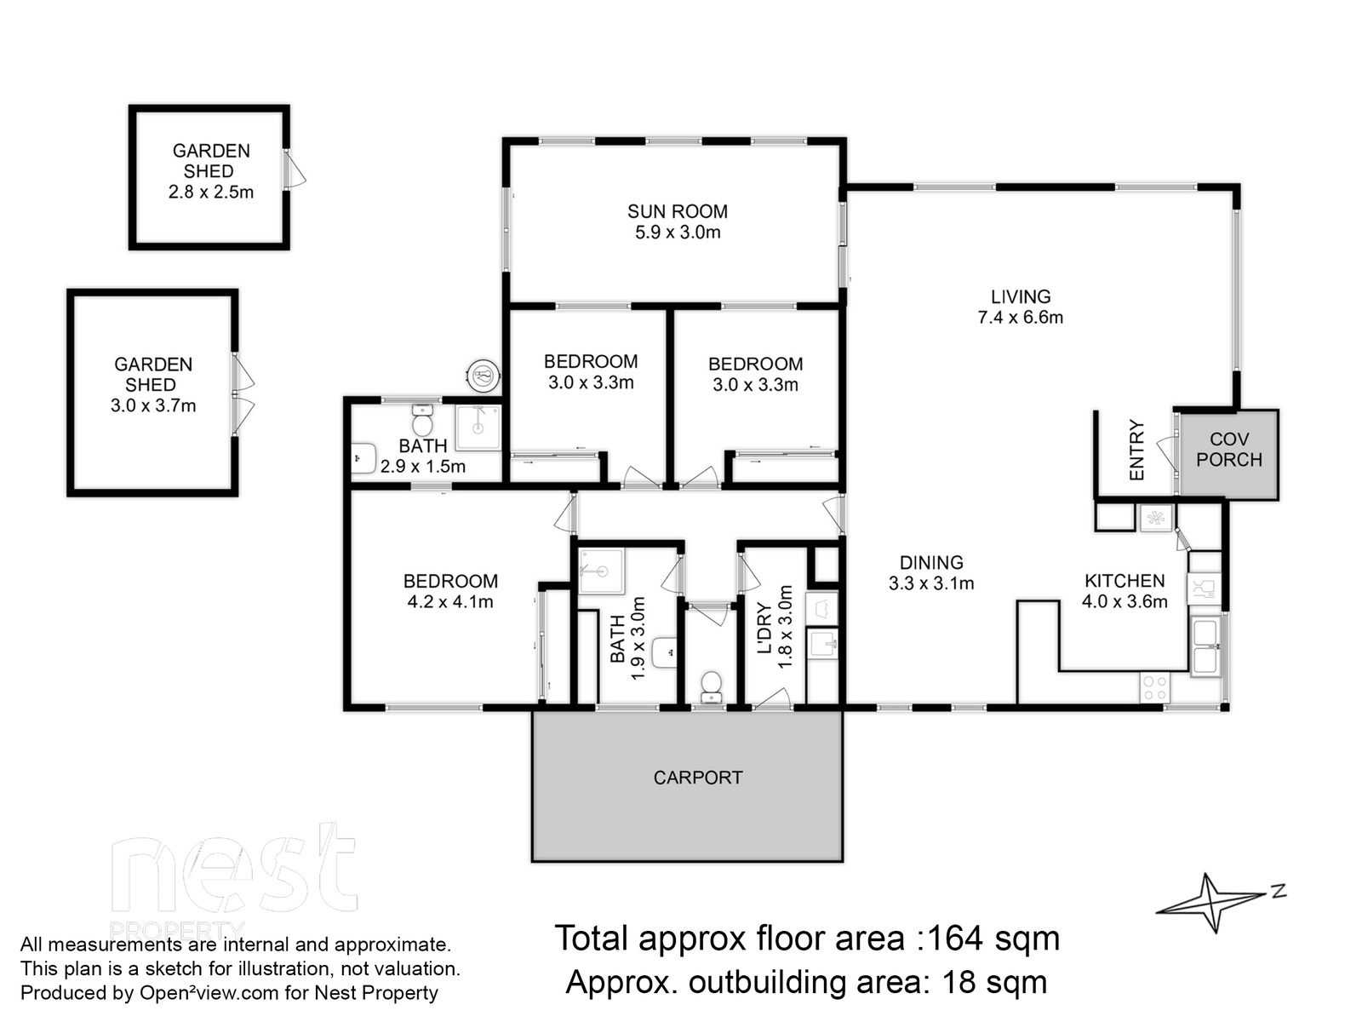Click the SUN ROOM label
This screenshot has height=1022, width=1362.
pos(677,211)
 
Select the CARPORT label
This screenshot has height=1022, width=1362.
pos(697,778)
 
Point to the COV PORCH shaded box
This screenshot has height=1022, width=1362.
pos(1228,455)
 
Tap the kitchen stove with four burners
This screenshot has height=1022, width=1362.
pos(1154,688)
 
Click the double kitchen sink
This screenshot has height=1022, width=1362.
pos(1205,646)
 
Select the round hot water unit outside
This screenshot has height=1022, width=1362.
pos(484,376)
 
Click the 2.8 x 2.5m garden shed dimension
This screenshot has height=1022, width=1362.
pos(211,192)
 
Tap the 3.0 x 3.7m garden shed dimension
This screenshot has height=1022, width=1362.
pos(153,406)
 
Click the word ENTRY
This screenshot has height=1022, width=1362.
pos(1136,450)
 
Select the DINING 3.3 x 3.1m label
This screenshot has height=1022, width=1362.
pos(931,572)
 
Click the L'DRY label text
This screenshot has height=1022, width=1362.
pos(764,628)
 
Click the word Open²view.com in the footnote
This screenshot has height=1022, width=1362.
pos(209,993)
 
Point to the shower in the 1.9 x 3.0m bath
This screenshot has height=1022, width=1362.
pos(601,571)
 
